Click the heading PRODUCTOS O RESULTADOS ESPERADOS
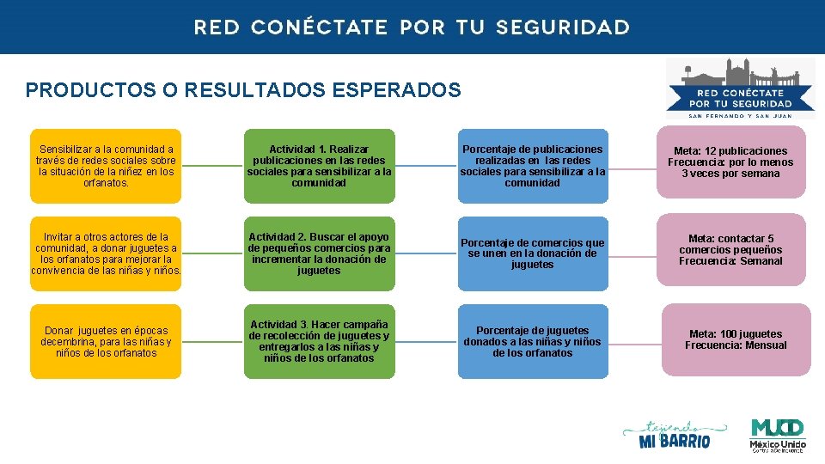coord(243,89)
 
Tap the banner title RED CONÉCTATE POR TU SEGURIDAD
coord(412,27)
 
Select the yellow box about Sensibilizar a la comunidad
coord(106,166)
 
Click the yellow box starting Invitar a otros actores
coord(106,253)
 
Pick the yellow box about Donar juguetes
coord(106,341)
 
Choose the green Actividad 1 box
coord(319,166)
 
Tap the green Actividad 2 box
coord(319,253)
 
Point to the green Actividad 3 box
coord(319,341)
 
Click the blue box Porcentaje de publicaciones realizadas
coord(532,166)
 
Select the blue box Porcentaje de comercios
coord(532,253)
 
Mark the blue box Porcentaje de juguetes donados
coord(532,341)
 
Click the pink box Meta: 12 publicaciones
coord(730,162)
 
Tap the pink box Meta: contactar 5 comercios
coord(730,250)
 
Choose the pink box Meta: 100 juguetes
coord(735,339)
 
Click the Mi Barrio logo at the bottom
coord(675,435)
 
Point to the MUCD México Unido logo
coord(777,435)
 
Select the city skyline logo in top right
coord(740,86)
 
